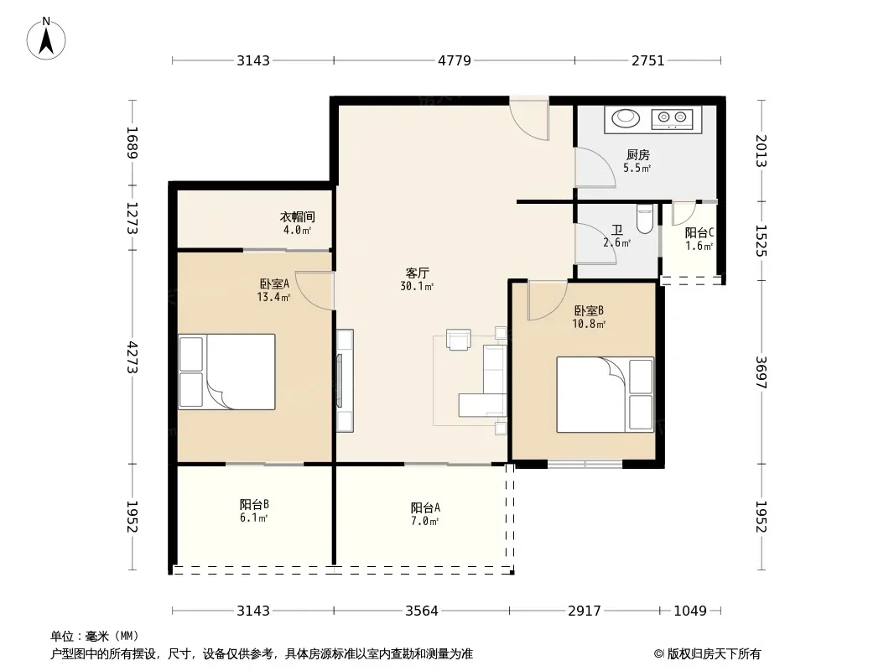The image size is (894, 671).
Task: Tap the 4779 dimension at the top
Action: [x=455, y=60]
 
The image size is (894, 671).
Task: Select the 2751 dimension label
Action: [x=647, y=60]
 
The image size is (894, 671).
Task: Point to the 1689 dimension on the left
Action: [x=133, y=143]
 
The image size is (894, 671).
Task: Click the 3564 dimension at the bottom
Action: [x=421, y=611]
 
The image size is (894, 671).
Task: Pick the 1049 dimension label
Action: [x=690, y=611]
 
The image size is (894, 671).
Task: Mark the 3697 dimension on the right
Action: [x=761, y=372]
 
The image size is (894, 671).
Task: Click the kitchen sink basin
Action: [x=626, y=118]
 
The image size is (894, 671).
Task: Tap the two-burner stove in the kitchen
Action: [x=673, y=118]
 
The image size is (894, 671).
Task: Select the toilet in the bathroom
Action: [x=644, y=219]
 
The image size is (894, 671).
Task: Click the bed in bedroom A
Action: [x=227, y=372]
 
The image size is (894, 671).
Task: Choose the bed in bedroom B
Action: [x=605, y=394]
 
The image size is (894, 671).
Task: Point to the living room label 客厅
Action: [x=418, y=273]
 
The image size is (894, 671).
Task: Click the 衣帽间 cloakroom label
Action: [x=297, y=216]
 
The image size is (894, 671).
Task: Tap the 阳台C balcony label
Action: [x=699, y=232]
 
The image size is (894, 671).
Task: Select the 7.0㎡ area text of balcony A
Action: [x=424, y=521]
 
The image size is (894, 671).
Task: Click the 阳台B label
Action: [x=254, y=505]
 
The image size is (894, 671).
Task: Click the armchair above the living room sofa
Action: [x=459, y=339]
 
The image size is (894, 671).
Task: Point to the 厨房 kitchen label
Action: [x=637, y=154]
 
